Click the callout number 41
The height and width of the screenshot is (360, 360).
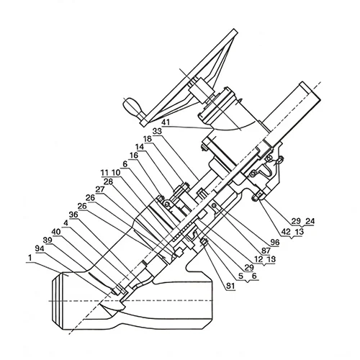(x=166, y=122)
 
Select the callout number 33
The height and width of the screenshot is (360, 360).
(x=158, y=131)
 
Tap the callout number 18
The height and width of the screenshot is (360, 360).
(x=148, y=139)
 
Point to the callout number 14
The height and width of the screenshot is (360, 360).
(x=140, y=147)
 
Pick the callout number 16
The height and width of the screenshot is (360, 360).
(x=134, y=156)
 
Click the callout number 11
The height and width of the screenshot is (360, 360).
(x=104, y=173)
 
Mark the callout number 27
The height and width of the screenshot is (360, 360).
(x=100, y=189)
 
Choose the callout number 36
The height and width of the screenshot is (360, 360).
(x=73, y=215)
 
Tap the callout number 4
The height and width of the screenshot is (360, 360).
(x=66, y=223)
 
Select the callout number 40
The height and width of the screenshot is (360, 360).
(x=56, y=232)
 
